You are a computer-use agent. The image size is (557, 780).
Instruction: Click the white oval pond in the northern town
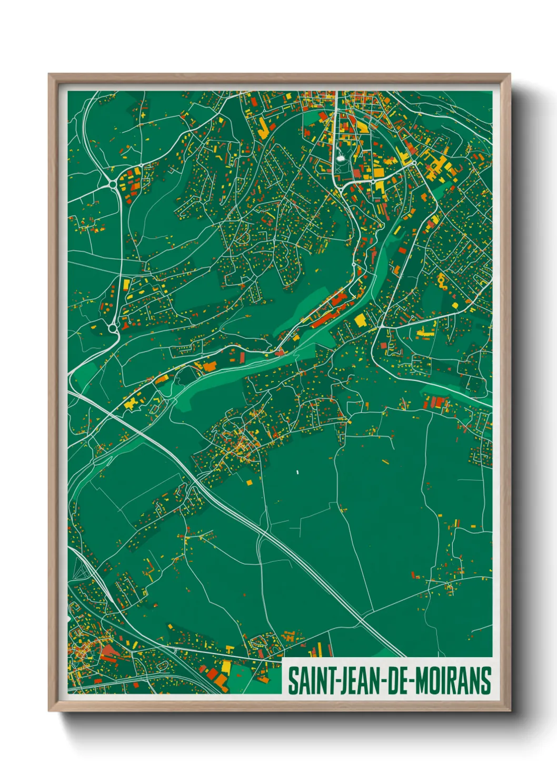tap(341, 157)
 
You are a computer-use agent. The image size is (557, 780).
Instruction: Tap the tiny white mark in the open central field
tap(297, 472)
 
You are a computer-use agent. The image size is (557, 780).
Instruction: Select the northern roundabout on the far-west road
tap(112, 183)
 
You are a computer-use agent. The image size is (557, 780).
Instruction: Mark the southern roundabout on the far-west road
tap(113, 328)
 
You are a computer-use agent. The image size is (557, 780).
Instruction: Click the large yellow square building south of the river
tap(361, 320)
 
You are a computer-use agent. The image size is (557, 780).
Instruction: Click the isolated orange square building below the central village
tap(249, 482)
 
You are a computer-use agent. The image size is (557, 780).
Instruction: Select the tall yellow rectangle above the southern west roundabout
tap(126, 285)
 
